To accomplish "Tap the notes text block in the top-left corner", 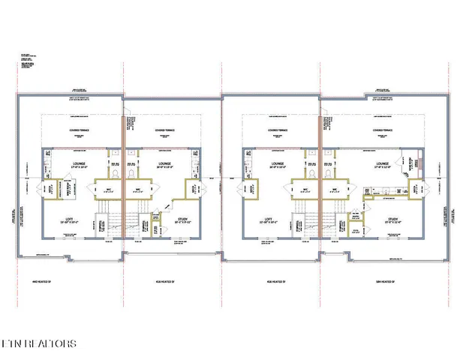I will (x=30, y=63).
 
